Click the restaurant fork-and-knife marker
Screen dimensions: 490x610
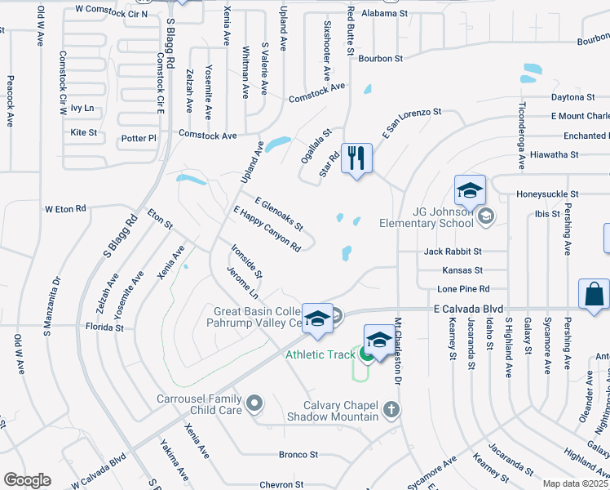coord(356,158)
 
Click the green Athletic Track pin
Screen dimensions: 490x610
coord(368,354)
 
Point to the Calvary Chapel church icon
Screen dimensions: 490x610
coord(391,408)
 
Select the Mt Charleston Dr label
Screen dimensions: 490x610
coord(399,351)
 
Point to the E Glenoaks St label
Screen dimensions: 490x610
coord(279,213)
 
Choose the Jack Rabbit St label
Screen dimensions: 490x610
coord(452,252)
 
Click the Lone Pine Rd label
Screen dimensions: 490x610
coord(463,288)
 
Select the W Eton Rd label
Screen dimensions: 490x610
coord(65,209)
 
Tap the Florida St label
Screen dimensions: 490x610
coord(105,327)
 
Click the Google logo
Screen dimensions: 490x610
coord(27,480)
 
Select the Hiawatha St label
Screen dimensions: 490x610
coord(554,154)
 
